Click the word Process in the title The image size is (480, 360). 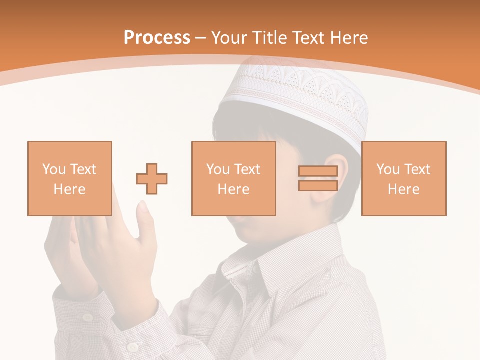(157, 38)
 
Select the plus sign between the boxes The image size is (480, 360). (152, 178)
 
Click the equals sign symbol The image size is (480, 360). (318, 178)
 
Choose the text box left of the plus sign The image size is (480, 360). (69, 178)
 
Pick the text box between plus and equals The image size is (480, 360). (233, 178)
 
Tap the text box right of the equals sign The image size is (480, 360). (403, 178)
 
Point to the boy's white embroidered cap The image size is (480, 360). (300, 95)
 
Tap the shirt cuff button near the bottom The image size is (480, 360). (132, 346)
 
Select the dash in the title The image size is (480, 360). (201, 38)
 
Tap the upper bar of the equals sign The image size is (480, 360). (318, 171)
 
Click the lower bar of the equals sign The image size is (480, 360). (318, 185)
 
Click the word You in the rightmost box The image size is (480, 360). (388, 169)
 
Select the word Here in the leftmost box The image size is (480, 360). (69, 189)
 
